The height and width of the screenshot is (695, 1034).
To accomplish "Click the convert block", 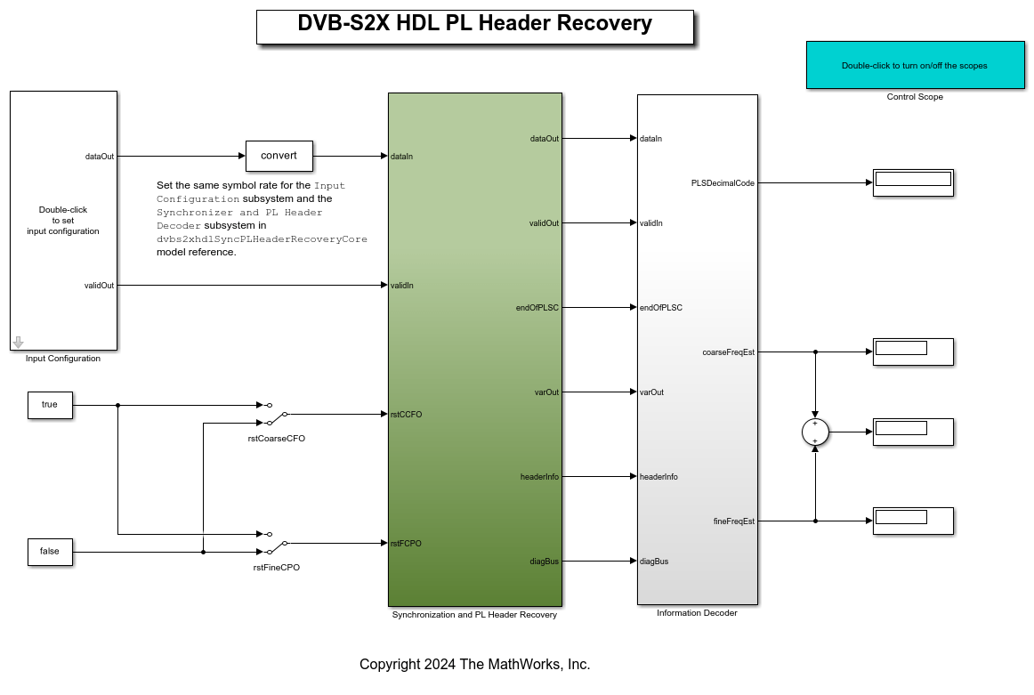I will click(279, 156).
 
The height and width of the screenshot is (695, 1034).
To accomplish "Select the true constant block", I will click(50, 405).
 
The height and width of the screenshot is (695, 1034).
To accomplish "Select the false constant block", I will click(50, 552).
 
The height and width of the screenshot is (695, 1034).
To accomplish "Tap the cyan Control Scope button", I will click(915, 65).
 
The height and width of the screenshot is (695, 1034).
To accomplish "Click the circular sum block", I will click(815, 432).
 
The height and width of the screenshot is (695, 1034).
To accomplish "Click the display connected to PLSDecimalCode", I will click(913, 182).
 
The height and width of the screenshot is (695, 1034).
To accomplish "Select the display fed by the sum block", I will click(913, 432).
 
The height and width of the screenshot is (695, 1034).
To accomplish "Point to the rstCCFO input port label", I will click(406, 414).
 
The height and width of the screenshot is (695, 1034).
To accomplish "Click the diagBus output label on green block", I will click(544, 561).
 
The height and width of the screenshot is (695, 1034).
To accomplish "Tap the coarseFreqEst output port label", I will click(728, 352).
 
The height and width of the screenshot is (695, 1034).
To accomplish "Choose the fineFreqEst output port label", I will click(734, 521).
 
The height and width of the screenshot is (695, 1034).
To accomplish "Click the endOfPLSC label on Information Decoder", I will click(661, 307).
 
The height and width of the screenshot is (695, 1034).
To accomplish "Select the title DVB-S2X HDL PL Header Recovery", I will click(474, 25).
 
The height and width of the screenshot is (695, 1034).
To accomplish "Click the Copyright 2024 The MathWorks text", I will click(474, 664).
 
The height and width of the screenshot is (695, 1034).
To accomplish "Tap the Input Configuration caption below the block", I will click(63, 359).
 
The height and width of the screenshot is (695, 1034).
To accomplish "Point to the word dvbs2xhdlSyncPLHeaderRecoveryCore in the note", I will click(262, 238).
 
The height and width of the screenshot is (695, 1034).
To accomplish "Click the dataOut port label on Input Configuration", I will click(100, 156).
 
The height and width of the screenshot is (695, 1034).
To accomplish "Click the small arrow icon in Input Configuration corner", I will click(18, 342).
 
